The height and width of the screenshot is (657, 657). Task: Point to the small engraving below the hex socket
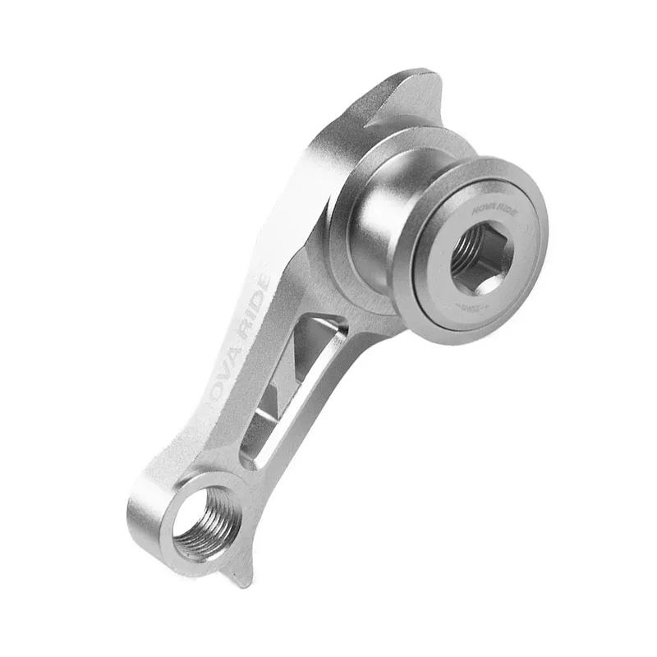[470, 305]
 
